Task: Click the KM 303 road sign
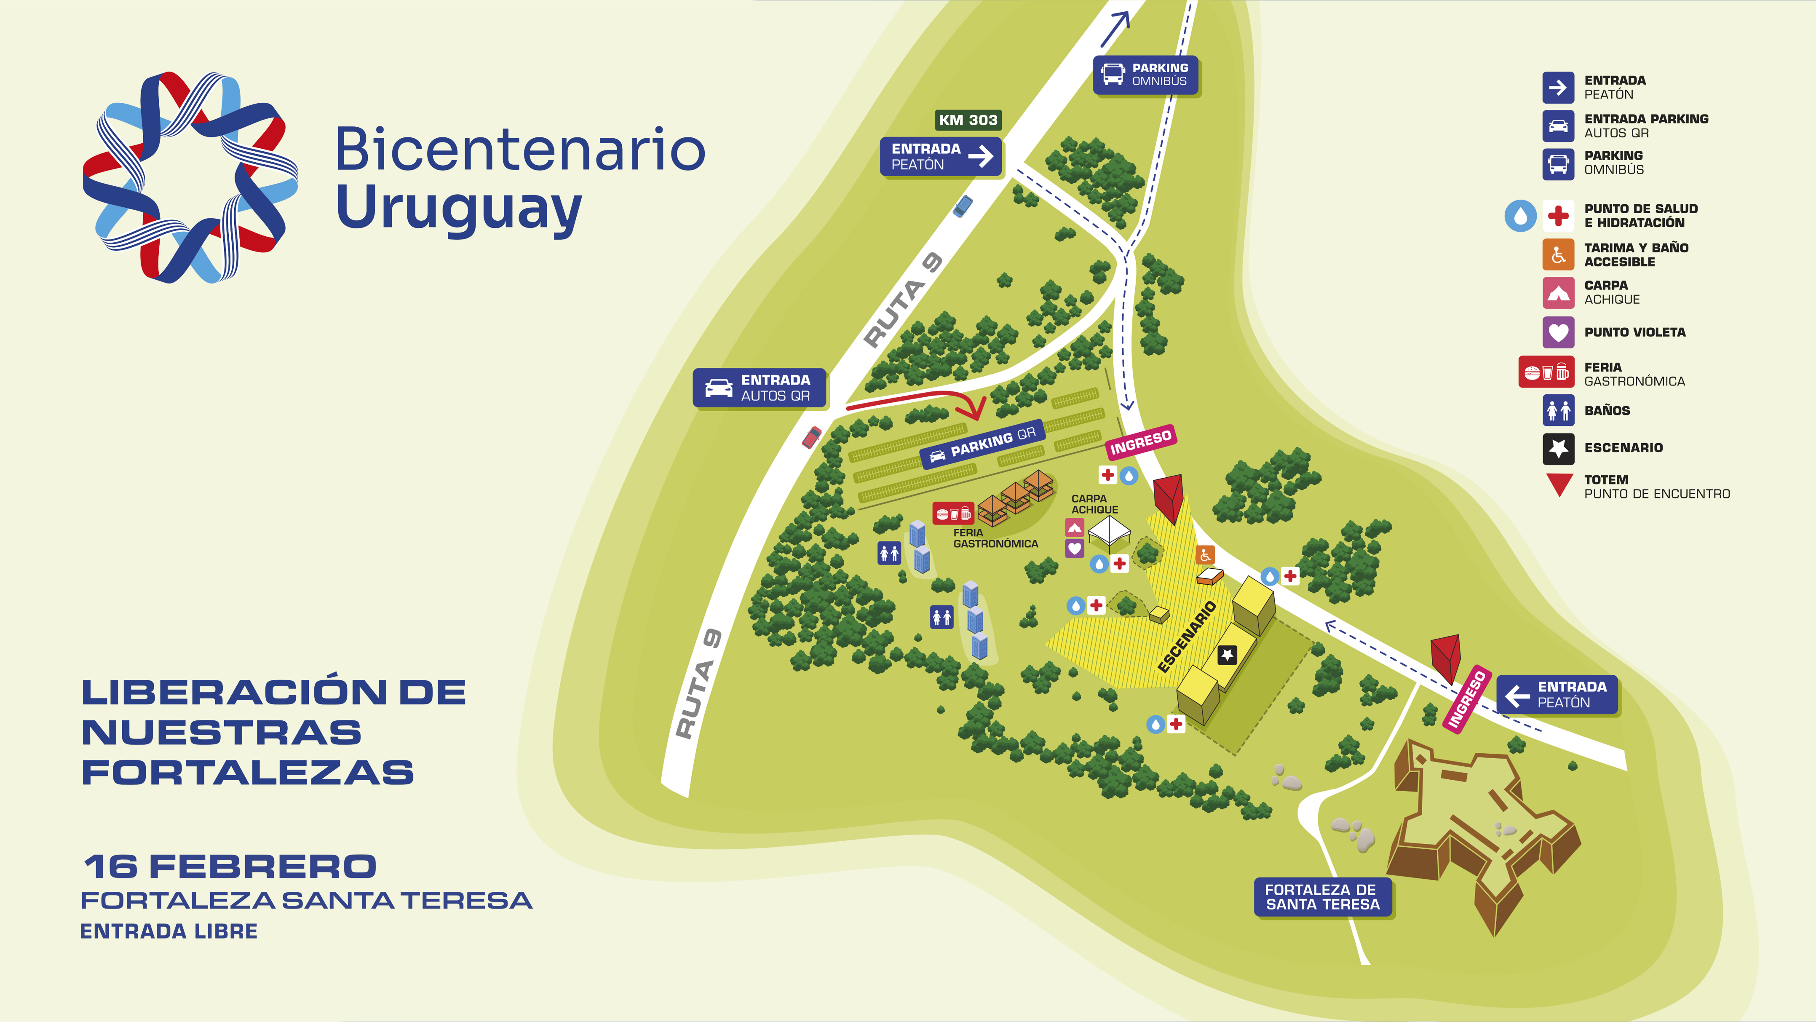[x=968, y=120]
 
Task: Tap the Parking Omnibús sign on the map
[x=1145, y=75]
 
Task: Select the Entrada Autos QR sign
[x=759, y=388]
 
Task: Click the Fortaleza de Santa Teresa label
[x=1323, y=896]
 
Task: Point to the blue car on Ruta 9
[x=962, y=206]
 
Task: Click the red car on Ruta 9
[x=811, y=437]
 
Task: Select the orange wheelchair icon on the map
[x=1205, y=555]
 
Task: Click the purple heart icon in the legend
[x=1558, y=332]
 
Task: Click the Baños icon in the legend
[x=1558, y=410]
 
